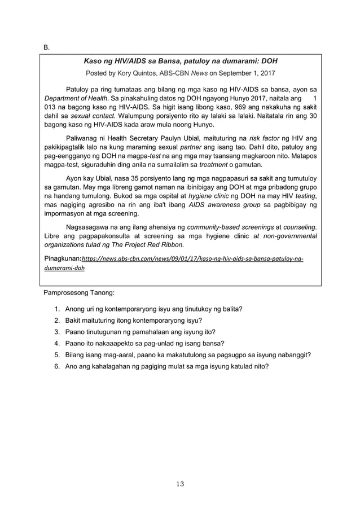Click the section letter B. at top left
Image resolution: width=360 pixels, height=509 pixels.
point(47,47)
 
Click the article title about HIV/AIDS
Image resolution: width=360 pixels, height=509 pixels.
point(180,60)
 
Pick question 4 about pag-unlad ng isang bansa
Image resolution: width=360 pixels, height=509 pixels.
point(144,343)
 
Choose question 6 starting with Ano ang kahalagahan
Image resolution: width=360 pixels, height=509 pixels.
point(166,366)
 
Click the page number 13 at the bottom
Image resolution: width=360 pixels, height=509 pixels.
point(180,484)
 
